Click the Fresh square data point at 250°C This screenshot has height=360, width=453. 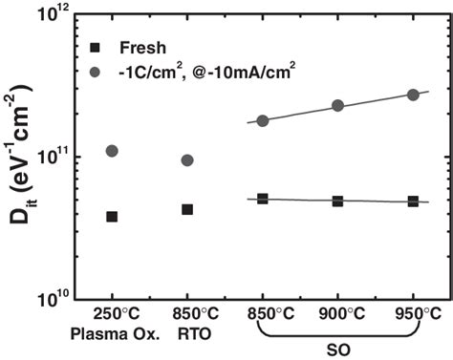(112, 217)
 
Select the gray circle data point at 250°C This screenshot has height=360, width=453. (112, 151)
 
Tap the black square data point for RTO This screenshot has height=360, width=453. (187, 209)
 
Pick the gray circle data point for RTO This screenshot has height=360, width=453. (187, 160)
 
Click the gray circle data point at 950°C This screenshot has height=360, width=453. (414, 95)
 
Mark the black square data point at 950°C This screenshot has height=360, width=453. (414, 201)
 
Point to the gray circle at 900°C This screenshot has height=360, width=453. (338, 106)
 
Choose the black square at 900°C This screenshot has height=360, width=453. (338, 201)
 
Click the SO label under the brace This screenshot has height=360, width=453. (338, 351)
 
